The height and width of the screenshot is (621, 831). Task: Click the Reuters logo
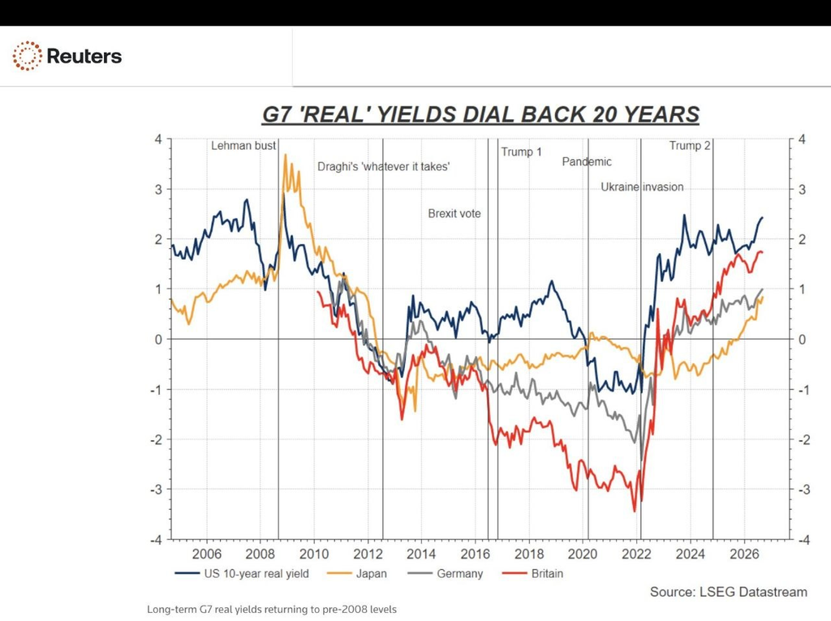pos(67,56)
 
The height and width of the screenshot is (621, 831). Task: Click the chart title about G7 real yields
pos(480,114)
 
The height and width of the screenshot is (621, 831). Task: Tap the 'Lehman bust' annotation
pos(243,146)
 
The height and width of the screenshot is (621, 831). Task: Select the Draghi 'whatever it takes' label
pos(384,167)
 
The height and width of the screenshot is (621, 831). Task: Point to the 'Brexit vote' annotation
pos(454,213)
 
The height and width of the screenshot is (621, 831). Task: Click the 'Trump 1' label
pos(522,152)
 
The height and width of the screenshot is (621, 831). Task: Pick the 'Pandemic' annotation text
pos(587,161)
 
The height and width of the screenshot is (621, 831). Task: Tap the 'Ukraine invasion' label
pos(642,187)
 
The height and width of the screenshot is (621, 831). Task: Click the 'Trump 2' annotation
pos(690,146)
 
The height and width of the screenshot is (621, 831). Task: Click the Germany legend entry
pos(446,573)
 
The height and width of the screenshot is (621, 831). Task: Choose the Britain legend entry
pos(532,573)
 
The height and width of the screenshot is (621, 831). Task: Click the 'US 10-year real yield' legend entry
pos(242,573)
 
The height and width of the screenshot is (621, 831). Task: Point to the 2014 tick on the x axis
pos(421,554)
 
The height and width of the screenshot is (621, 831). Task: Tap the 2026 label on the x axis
pos(744,554)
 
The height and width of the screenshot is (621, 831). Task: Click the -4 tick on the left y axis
pos(157,540)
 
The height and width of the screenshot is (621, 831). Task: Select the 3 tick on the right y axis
pos(802,189)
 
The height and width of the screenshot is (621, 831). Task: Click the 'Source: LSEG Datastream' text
pos(729,592)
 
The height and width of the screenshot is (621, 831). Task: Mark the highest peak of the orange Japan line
pos(286,155)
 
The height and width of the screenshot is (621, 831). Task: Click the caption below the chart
pos(272,610)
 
